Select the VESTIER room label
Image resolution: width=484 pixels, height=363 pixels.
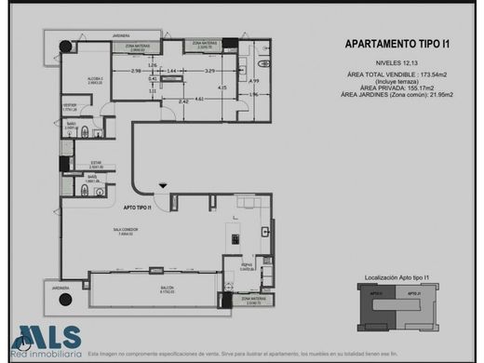[69, 106]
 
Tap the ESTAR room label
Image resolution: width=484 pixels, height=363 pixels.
[82, 164]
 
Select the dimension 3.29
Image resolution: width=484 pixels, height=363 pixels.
[210, 72]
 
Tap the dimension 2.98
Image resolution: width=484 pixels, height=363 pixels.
[135, 72]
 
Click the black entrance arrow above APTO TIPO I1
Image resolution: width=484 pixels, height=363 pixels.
[164, 188]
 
